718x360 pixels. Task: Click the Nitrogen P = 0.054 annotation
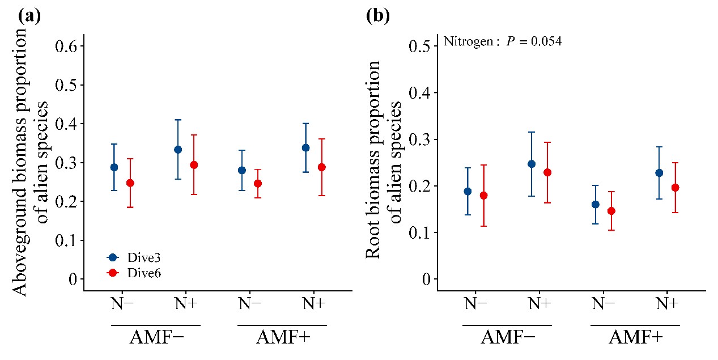point(503,41)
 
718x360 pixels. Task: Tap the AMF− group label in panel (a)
point(156,338)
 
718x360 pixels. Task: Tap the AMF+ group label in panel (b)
point(635,338)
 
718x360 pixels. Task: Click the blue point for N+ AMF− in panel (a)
point(178,150)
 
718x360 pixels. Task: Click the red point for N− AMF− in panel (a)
point(130,183)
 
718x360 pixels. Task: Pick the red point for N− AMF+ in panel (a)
point(258,183)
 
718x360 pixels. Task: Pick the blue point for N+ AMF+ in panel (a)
point(306,148)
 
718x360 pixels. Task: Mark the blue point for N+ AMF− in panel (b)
point(532,164)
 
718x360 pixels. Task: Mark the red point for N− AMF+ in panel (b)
point(611,211)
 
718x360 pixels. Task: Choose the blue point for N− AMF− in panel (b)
point(468,192)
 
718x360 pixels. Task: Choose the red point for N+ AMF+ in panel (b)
point(675,188)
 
